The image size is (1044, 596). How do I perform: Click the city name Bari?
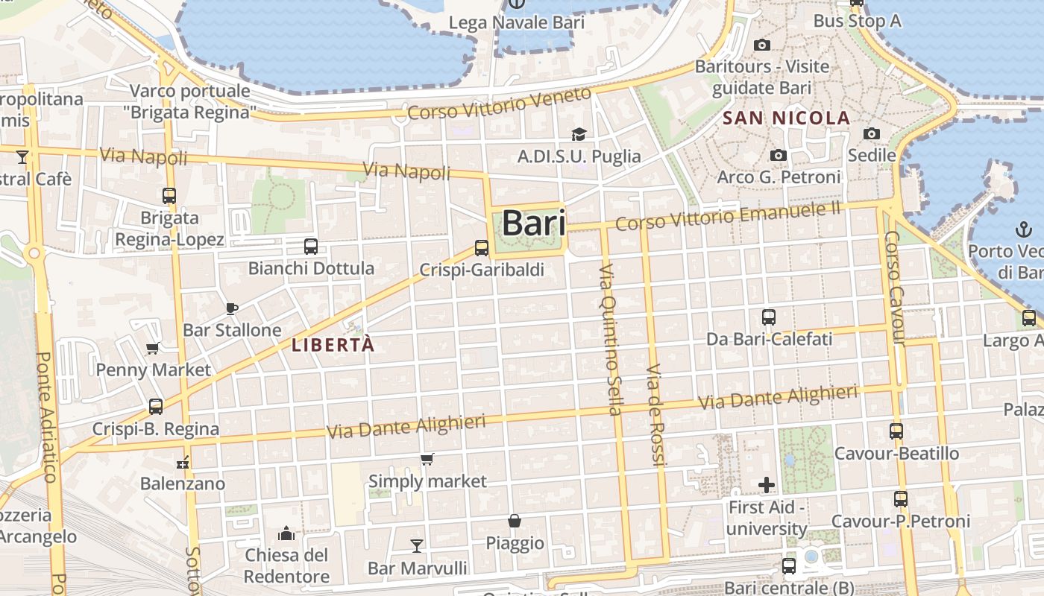(533, 222)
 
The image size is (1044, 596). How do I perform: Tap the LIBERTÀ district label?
(333, 345)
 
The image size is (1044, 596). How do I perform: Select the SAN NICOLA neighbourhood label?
(787, 118)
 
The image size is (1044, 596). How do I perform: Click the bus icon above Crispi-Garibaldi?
(482, 248)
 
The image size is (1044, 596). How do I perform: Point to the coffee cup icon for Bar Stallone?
(231, 308)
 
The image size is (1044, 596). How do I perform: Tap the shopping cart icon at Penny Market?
(153, 348)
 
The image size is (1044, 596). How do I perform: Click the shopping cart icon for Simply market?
(427, 459)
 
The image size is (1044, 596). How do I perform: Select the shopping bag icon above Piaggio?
(515, 521)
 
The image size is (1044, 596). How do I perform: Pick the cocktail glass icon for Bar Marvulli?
(417, 546)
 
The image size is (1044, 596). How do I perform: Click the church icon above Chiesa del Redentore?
(286, 533)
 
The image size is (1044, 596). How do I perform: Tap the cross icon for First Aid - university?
(767, 486)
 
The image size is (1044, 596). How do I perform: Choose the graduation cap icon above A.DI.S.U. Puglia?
(579, 134)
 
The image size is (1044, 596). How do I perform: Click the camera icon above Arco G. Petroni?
(779, 155)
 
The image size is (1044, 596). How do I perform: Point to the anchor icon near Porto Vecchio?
(1021, 229)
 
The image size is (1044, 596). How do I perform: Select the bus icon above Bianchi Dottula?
(311, 247)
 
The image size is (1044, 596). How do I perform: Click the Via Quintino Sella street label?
(610, 339)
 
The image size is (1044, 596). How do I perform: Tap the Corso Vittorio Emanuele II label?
(728, 215)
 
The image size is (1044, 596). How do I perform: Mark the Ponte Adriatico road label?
(46, 417)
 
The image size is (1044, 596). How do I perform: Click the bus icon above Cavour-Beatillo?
(896, 431)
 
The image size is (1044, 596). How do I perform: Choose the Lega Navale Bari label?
(516, 23)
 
